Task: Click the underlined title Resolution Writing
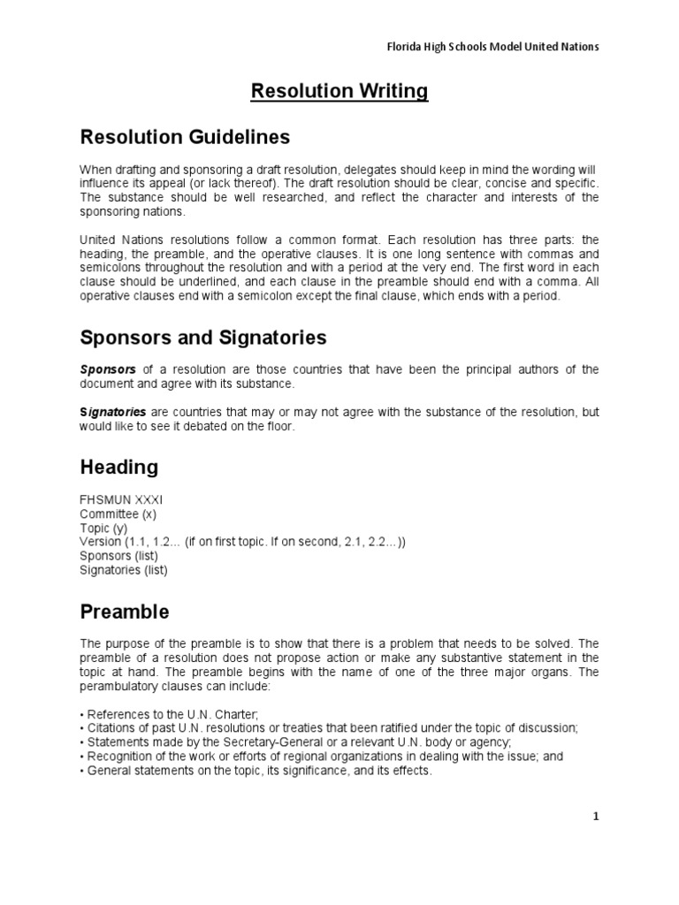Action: tap(339, 91)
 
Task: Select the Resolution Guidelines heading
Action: tap(185, 137)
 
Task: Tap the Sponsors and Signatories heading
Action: tap(203, 337)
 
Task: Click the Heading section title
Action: tap(119, 467)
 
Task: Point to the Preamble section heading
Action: tap(125, 612)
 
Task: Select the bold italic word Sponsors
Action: tap(108, 369)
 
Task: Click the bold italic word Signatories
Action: tap(113, 413)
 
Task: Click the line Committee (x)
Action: tap(118, 513)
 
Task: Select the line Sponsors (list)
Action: tap(118, 556)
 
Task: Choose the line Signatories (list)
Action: tap(124, 570)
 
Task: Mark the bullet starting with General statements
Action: tap(256, 771)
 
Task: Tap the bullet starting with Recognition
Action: tap(322, 757)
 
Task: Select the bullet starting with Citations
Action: tap(329, 728)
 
